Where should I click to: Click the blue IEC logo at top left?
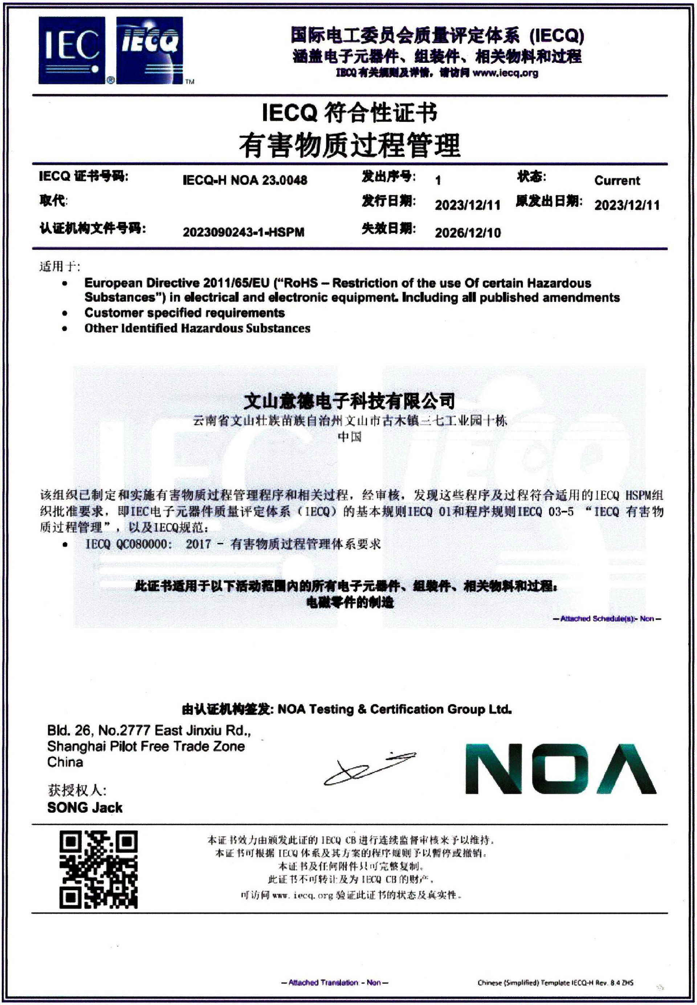coord(72,50)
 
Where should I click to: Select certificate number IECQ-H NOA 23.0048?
coord(245,180)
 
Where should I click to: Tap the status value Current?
coord(617,180)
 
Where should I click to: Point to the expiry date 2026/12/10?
coord(467,233)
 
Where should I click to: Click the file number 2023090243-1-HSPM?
coord(243,232)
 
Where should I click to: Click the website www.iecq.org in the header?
coord(505,73)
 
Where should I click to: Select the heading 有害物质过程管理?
coord(349,146)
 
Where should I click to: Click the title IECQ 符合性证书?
coord(349,113)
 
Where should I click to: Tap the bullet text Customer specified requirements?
coord(184,312)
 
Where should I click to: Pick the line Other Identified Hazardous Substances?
coord(197,328)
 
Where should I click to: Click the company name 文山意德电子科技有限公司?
coord(349,400)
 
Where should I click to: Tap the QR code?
coord(98,870)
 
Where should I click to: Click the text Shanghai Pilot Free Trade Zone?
coord(146,747)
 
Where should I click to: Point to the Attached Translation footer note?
coord(335,982)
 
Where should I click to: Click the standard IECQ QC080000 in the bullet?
coord(127,544)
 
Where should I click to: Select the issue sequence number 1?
coord(437,180)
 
